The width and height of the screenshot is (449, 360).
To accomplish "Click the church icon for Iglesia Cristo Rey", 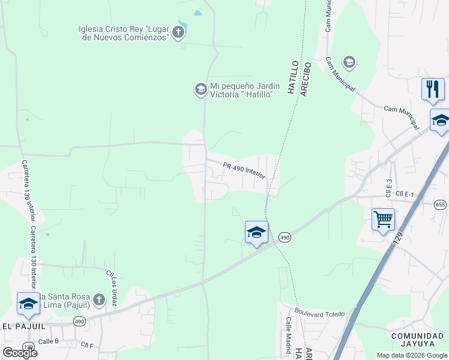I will (178, 32).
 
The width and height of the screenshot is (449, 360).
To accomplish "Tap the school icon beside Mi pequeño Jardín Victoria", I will (200, 89).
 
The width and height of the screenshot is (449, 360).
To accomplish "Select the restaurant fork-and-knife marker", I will (432, 89).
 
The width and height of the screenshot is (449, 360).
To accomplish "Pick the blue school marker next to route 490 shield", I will (256, 232).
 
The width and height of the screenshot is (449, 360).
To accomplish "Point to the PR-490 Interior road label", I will (244, 170).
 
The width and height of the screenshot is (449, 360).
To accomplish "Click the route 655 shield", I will (441, 205).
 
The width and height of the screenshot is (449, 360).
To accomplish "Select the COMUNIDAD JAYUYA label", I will (418, 340).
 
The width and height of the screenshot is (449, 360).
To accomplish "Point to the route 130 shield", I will (28, 346).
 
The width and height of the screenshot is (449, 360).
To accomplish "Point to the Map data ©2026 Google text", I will (411, 355).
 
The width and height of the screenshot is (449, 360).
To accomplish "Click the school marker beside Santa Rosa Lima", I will (28, 304).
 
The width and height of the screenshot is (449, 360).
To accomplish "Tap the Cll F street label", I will (88, 345).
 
